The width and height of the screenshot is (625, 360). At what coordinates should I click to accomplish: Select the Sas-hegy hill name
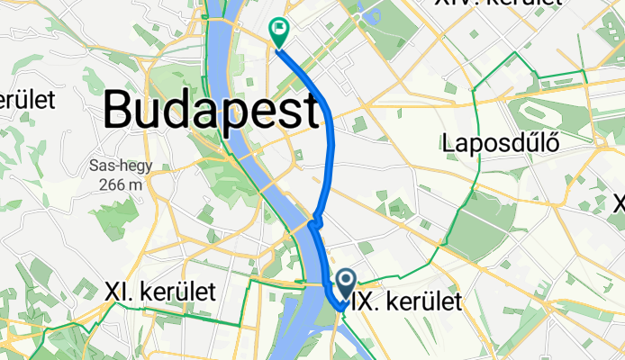tap(120, 166)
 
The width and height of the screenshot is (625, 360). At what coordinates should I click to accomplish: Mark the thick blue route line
tap(327, 144)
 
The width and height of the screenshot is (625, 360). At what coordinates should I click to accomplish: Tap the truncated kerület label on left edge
tap(27, 99)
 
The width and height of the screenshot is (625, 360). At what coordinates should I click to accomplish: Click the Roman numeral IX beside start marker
tap(364, 301)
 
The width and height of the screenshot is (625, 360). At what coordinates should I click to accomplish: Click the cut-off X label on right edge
tap(619, 203)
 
